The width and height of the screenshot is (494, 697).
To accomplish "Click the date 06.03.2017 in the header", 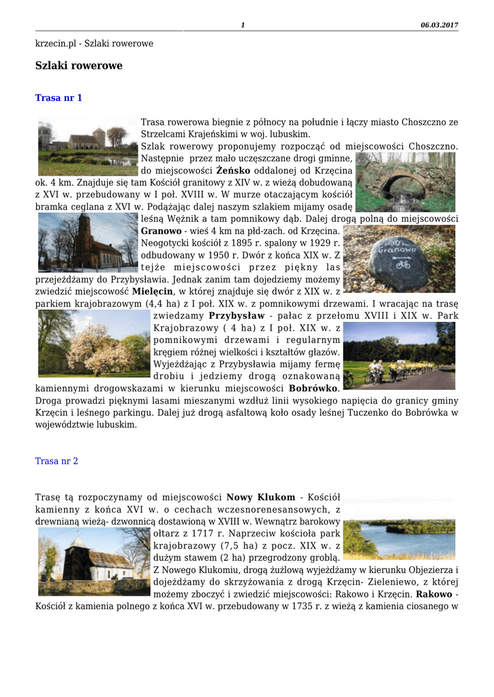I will click(439, 25).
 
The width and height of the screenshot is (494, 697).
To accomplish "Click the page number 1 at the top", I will click(243, 25).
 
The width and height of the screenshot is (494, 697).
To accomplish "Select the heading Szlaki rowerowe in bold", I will click(78, 66).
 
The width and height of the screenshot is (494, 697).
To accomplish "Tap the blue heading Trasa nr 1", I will click(59, 98).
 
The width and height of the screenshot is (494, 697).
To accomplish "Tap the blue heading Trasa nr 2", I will click(57, 461).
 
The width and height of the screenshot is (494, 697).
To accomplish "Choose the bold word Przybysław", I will click(236, 316).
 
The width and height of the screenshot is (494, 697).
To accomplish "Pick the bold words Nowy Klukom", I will click(260, 497).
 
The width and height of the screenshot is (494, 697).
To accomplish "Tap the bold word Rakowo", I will click(434, 594).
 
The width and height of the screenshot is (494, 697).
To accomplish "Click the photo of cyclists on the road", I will click(399, 355).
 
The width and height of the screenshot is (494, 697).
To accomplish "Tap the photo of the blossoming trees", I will click(93, 343).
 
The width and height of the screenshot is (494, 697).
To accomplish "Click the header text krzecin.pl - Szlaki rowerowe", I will click(94, 44).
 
